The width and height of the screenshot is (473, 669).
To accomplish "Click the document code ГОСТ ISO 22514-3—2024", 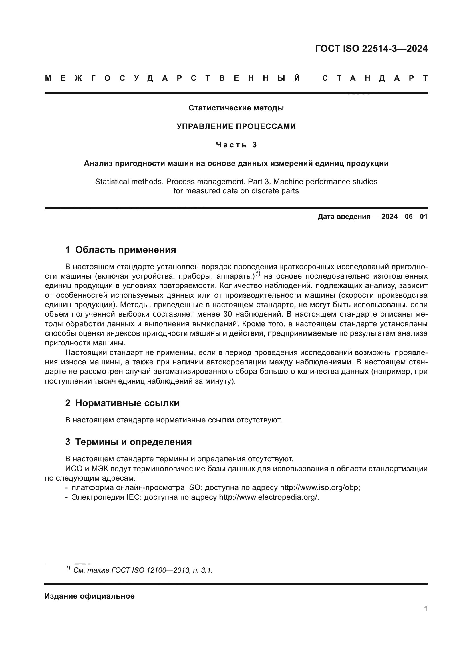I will (371, 49).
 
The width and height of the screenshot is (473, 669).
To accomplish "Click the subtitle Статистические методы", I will (236, 108).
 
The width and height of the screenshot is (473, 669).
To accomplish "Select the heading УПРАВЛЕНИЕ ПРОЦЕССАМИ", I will (236, 126).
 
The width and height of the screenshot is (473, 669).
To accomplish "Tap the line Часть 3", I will (236, 145).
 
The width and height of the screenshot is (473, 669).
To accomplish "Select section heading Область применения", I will (126, 250).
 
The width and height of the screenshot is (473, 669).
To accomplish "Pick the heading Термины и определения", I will (133, 442).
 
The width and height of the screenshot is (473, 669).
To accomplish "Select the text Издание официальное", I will (90, 596).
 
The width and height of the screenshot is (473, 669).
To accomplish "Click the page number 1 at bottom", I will (426, 608).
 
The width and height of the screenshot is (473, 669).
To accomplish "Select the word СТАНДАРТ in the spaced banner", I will (375, 78).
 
